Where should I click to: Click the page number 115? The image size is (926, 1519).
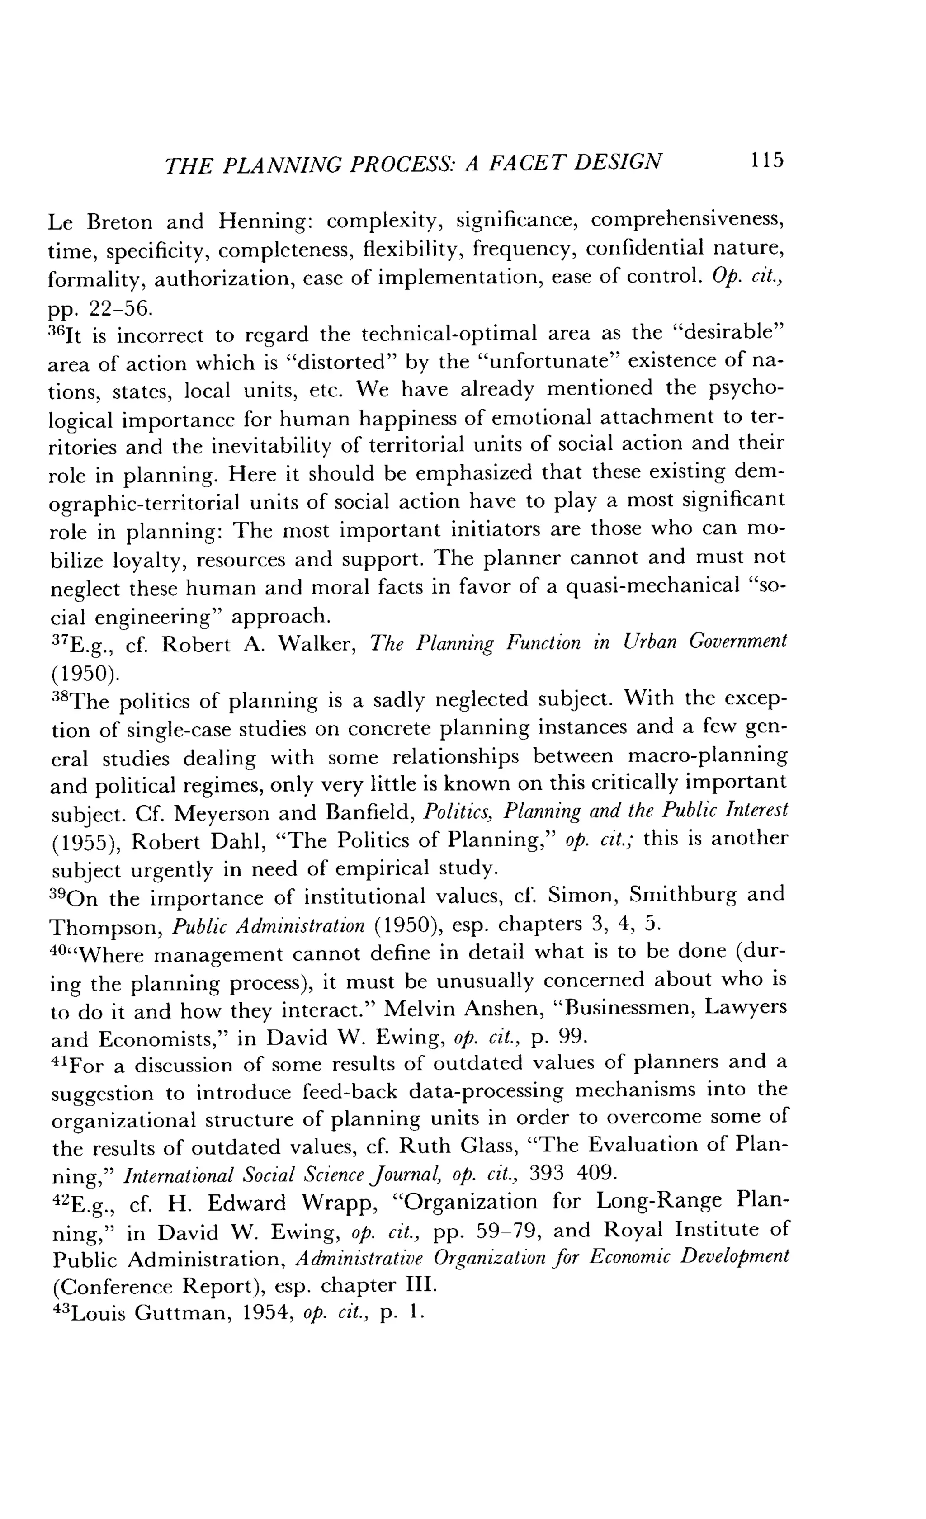point(766,160)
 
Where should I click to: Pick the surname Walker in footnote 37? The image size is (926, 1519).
point(316,644)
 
